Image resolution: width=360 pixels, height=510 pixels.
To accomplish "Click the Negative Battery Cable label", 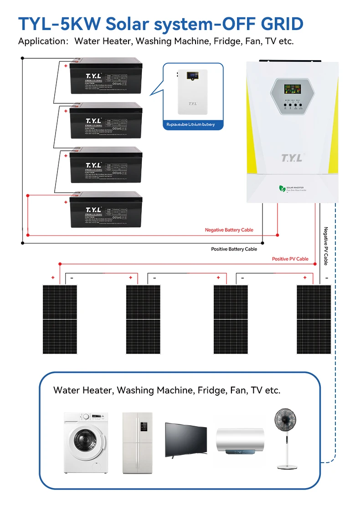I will pos(229,230).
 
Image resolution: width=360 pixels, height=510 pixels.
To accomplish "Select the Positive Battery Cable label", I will pos(234,249).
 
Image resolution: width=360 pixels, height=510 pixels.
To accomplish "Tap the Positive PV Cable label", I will pos(290,259).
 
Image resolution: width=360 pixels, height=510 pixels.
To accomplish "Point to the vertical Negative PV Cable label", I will pos(326,246).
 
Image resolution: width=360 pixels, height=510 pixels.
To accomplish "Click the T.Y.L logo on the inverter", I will pos(292,158).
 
